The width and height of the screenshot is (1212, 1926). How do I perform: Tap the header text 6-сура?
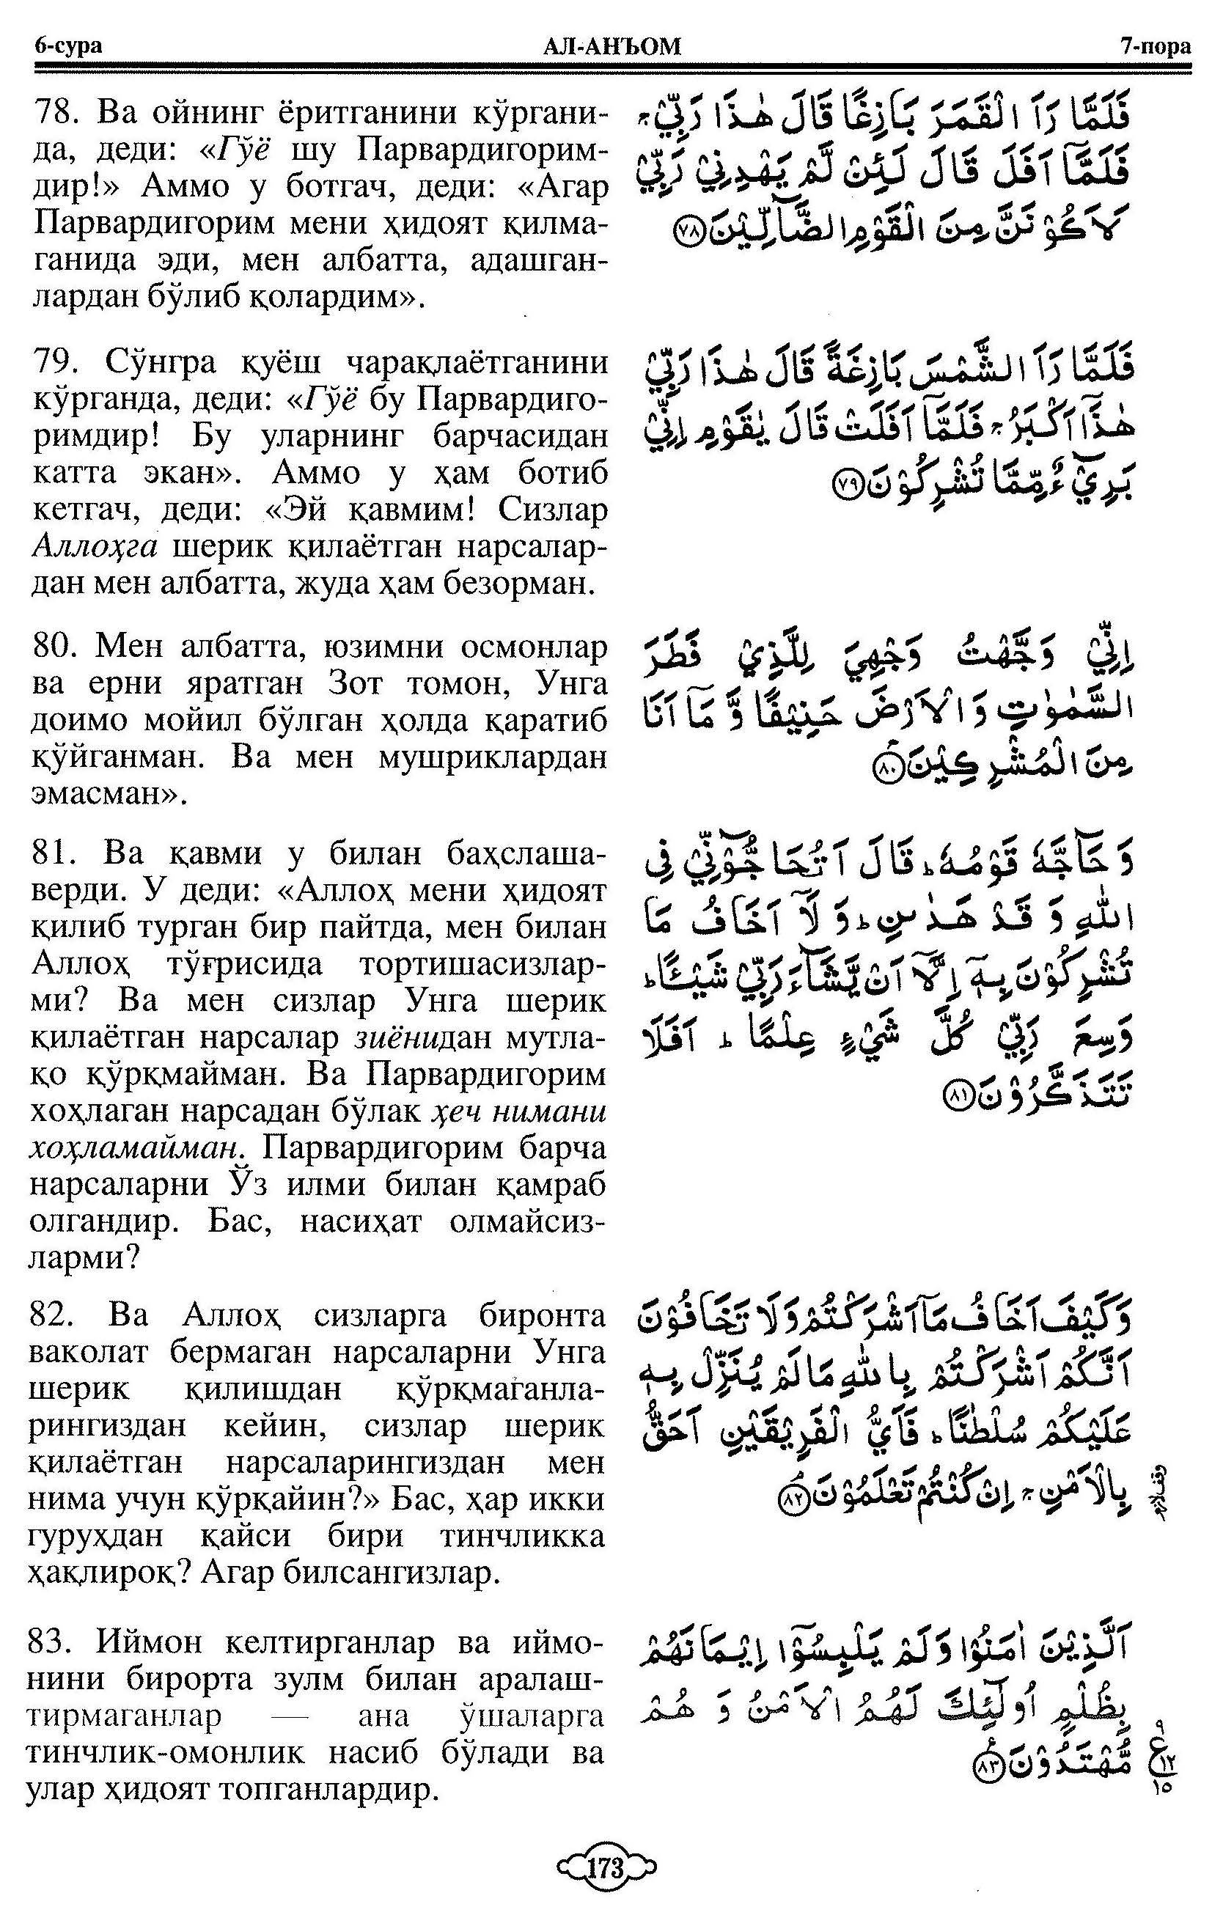68,46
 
